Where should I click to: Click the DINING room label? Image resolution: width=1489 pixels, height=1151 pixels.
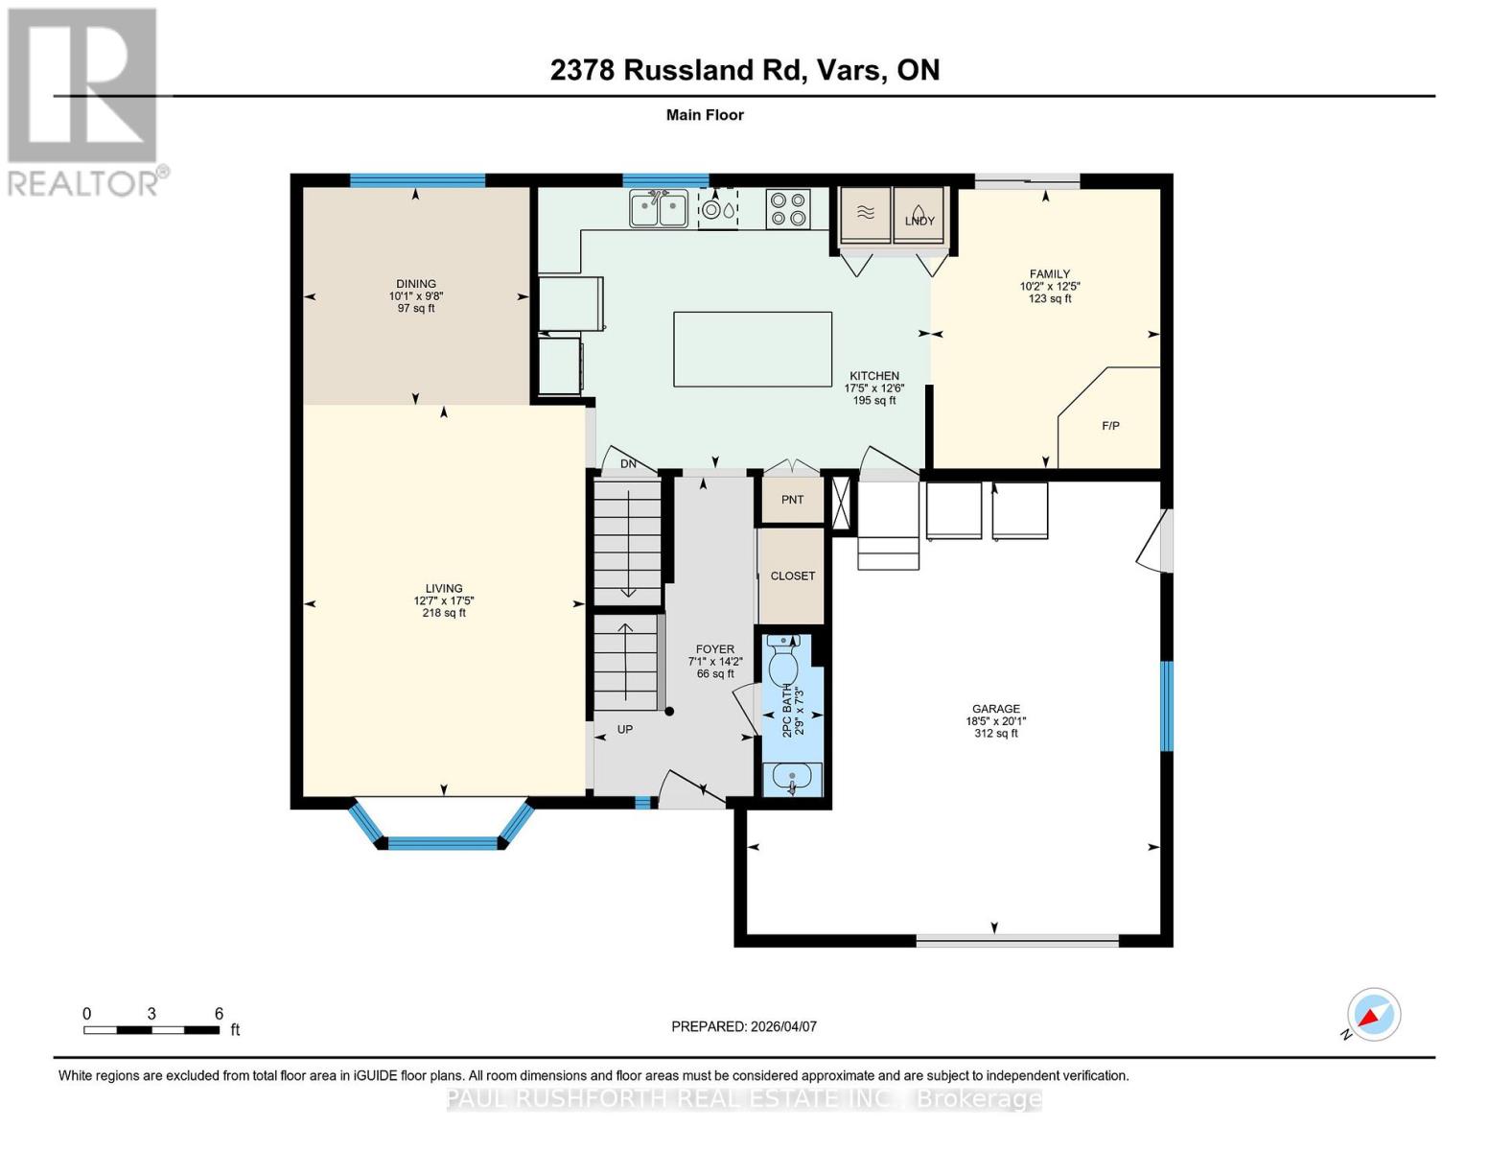[x=416, y=284]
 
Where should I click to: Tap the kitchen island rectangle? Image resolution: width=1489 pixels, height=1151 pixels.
[x=752, y=349]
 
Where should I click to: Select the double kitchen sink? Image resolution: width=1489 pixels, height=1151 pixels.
[x=659, y=209]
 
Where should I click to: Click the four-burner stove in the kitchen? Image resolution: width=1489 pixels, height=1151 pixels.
[x=787, y=209]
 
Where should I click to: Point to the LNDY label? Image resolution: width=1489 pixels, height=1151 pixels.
[x=919, y=221]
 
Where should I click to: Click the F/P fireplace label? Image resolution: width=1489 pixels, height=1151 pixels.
[x=1110, y=425]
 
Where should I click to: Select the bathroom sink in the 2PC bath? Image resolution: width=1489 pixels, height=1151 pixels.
[x=792, y=779]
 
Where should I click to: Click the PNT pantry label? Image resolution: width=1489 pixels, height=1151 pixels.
[x=792, y=500]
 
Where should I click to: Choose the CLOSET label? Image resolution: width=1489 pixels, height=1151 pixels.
[x=793, y=575]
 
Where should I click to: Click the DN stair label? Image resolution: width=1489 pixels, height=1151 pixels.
[x=628, y=464]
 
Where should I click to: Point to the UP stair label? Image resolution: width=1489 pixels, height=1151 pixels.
[x=625, y=729]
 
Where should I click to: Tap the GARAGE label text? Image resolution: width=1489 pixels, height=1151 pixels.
[x=995, y=709]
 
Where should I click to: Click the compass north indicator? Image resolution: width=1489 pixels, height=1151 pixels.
[x=1373, y=1015]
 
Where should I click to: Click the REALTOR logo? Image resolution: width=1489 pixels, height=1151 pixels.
[x=83, y=102]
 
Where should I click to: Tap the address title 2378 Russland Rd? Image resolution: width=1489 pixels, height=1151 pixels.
[x=744, y=70]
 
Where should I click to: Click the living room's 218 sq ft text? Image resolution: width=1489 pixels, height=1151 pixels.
[x=444, y=613]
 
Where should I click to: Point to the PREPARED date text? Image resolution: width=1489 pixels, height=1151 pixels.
[x=744, y=1026]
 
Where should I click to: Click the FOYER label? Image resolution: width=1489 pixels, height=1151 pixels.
[x=715, y=649]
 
